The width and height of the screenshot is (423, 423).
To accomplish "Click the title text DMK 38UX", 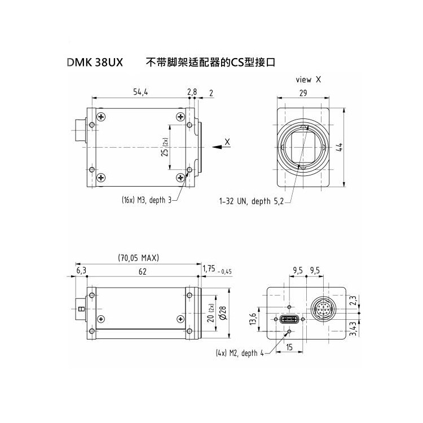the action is [95, 63].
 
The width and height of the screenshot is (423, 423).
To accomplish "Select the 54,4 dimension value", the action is [140, 92].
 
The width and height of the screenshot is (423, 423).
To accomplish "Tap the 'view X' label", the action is [309, 80].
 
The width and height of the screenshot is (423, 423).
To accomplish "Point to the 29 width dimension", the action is [303, 93].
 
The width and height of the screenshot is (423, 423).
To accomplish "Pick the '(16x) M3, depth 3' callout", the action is [147, 200].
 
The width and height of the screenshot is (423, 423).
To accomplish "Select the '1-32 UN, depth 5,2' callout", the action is [252, 201].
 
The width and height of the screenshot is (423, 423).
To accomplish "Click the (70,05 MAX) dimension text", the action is [139, 258].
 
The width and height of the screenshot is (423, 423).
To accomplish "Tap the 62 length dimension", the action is [143, 271].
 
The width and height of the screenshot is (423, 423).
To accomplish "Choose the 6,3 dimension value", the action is [81, 271].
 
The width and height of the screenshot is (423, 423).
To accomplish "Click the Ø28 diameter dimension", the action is [223, 313].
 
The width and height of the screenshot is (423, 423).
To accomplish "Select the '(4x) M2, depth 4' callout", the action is [240, 353].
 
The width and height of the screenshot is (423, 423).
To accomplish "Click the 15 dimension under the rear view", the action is [289, 347].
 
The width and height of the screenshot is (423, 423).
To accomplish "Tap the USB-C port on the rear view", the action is [289, 319].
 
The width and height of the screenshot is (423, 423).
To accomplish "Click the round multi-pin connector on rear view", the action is [322, 309].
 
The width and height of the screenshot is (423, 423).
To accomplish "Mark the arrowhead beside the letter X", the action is [217, 147].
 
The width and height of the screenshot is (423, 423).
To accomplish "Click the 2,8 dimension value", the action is [192, 92].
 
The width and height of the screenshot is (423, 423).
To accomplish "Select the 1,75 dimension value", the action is [209, 268].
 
